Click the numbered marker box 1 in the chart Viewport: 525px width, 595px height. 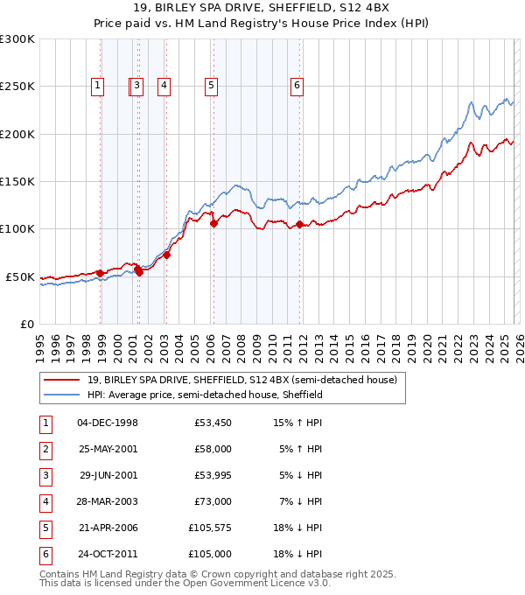pyautogui.click(x=96, y=86)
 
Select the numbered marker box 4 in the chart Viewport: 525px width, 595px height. pyautogui.click(x=164, y=86)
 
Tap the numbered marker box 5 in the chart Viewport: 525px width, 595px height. pyautogui.click(x=212, y=86)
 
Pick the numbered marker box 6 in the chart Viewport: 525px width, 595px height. pyautogui.click(x=297, y=86)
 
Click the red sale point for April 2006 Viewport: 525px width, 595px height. pyautogui.click(x=214, y=223)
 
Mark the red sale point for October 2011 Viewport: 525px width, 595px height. pyautogui.click(x=300, y=225)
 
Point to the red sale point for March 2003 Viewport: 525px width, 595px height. pyautogui.click(x=167, y=255)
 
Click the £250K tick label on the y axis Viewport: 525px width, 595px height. pyautogui.click(x=17, y=87)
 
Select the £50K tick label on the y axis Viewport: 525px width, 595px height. pyautogui.click(x=20, y=276)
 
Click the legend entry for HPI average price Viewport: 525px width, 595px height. pyautogui.click(x=205, y=395)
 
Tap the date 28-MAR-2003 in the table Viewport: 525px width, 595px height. pyautogui.click(x=108, y=501)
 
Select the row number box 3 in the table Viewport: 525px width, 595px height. pyautogui.click(x=45, y=475)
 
